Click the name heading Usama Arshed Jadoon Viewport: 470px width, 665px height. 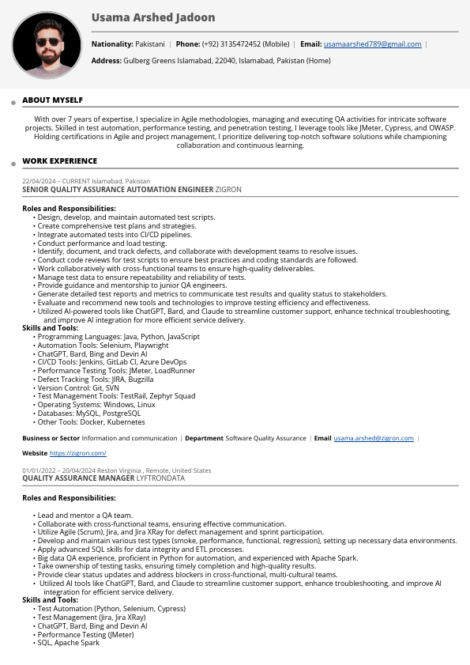point(152,17)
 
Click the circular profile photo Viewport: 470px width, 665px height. point(47,46)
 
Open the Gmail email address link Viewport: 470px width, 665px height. point(372,44)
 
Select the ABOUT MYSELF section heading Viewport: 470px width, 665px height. point(52,100)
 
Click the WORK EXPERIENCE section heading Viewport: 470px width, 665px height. point(59,161)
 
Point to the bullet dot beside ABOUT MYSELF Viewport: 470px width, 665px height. point(13,103)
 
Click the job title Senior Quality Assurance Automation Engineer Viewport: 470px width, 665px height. point(118,190)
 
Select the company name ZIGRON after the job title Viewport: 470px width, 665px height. point(228,190)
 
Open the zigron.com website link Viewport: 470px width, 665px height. point(77,453)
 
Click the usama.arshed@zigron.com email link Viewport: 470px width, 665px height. point(373,438)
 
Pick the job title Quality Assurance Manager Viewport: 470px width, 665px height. point(78,478)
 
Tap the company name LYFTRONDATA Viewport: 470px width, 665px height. point(160,478)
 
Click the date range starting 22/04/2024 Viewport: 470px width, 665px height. point(56,181)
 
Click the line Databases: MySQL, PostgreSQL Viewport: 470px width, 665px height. point(88,414)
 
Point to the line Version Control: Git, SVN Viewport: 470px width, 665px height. point(78,387)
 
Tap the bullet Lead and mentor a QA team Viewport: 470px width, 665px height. point(85,516)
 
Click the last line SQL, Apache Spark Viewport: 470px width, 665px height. point(68,643)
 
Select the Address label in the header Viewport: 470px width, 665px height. point(106,60)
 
